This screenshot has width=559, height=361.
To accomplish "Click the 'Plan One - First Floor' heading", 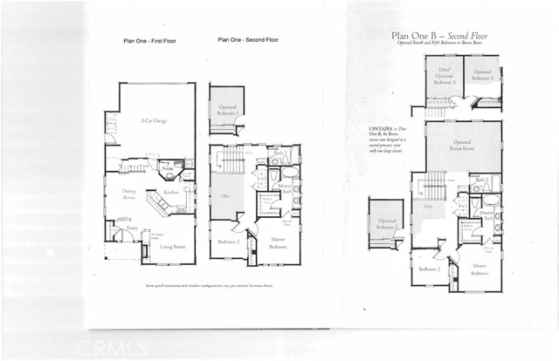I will (152, 41).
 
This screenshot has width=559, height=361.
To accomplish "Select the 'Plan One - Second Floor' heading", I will (249, 41).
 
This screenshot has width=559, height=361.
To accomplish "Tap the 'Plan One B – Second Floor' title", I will (441, 36).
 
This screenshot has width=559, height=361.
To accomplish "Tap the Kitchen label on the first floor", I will (170, 193).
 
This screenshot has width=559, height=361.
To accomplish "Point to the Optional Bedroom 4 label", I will (482, 75).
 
